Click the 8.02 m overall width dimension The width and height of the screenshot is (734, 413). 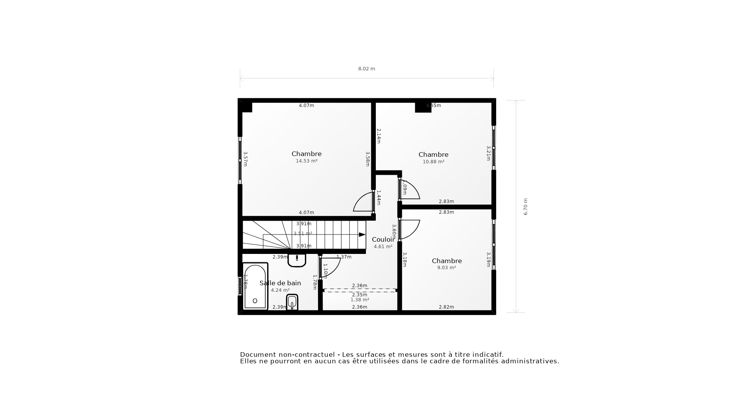(366, 69)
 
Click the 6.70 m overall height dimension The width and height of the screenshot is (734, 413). (525, 206)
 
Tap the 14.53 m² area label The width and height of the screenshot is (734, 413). (306, 161)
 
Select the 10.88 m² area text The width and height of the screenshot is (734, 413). (433, 162)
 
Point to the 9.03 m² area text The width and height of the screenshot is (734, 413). (446, 268)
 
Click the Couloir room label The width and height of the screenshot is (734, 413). (382, 239)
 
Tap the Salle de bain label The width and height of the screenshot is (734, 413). (280, 283)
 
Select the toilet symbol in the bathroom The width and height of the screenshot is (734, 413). (292, 302)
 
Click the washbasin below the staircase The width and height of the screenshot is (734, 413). (297, 260)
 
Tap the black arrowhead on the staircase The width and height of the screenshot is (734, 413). (362, 234)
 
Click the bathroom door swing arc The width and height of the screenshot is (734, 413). (331, 267)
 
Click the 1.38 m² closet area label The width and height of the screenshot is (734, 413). (359, 300)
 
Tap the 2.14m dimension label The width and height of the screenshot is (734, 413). (378, 136)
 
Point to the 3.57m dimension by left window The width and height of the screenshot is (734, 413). (245, 159)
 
